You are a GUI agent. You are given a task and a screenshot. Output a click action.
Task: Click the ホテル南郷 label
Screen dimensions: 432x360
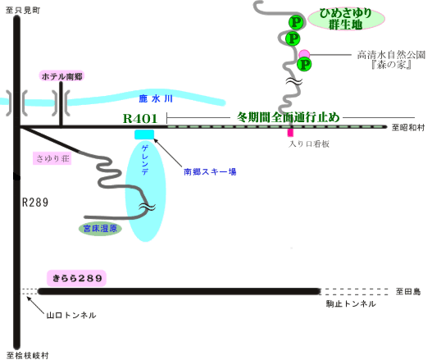coord(61,76)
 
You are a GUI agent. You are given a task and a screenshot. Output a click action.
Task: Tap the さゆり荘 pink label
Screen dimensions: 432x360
coord(52,158)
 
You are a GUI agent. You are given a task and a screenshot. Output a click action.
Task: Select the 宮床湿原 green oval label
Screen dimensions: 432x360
coord(100,229)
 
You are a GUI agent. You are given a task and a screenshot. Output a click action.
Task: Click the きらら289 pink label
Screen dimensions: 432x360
coord(76,278)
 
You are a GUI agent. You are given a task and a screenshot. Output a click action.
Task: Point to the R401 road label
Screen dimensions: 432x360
coord(140,119)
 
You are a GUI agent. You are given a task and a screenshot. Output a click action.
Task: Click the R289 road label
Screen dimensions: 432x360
coord(35,203)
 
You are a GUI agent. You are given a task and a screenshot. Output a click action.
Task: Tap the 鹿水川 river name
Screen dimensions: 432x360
coord(156,98)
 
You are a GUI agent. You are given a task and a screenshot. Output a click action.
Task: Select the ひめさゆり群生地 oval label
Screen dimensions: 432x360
coord(346,19)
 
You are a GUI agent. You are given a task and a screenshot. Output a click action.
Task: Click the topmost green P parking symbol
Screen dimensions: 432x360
coord(296,22)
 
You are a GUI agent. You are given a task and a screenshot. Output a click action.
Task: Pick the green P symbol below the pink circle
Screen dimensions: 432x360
coord(304,65)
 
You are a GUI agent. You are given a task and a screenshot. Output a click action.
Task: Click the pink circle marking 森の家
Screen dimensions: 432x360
coord(304,54)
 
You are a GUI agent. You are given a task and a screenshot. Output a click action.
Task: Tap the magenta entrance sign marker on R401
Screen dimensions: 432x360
coord(290,132)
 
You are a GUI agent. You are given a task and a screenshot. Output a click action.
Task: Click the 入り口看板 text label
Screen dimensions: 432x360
coord(308,144)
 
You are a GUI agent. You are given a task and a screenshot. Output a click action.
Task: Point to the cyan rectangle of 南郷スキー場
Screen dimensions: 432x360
coord(144,134)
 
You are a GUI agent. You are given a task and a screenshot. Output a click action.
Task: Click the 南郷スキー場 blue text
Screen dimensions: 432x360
coord(210,171)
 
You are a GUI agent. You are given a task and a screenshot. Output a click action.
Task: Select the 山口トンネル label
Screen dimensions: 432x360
coord(71,315)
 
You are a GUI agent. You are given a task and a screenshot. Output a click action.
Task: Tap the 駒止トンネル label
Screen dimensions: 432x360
coord(351,303)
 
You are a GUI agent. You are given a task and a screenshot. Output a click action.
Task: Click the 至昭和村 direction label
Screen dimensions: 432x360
coord(408,127)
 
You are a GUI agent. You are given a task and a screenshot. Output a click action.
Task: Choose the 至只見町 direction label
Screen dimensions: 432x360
coord(23,10)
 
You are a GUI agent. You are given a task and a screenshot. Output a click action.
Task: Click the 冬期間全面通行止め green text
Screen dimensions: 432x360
coord(289,117)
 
